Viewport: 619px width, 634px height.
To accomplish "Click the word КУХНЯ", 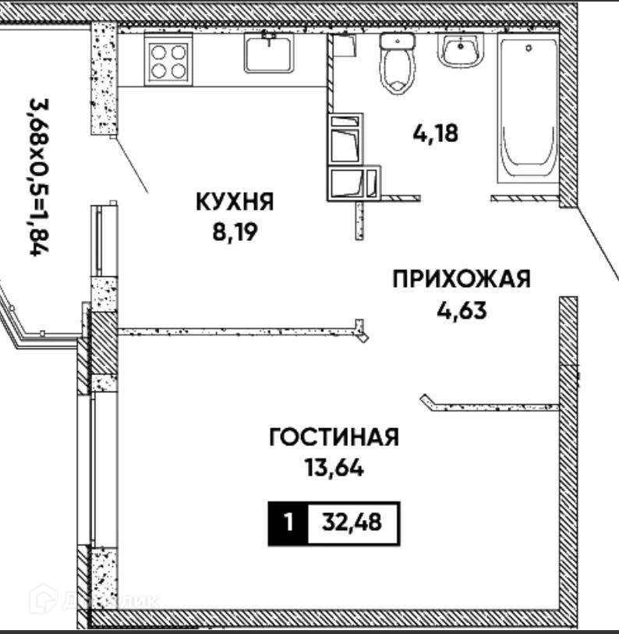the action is pos(234,203).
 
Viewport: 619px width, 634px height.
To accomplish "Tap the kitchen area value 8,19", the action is pos(234,232).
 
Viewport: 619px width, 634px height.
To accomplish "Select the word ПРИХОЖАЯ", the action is pos(462,278).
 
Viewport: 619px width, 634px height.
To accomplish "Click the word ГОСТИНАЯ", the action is pos(334,437).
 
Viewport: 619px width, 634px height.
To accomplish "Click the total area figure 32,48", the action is pos(353,522).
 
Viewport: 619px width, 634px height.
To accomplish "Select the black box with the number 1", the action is pos(288,522).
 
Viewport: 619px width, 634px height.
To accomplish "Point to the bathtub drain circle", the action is pos(529,48).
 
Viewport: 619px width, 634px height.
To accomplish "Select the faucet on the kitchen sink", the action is pos(269,37).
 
